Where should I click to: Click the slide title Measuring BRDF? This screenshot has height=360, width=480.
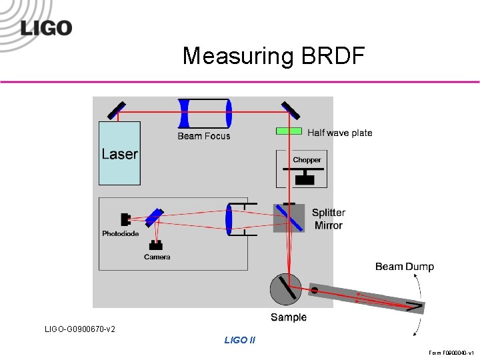pos(273,56)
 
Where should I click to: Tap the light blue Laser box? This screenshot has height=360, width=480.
pos(120,153)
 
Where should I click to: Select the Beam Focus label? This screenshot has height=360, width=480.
pos(204,136)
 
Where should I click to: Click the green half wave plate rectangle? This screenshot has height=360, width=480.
pos(289,131)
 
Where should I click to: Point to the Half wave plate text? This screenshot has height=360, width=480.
pos(340,133)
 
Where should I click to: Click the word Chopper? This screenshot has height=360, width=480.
pos(307,160)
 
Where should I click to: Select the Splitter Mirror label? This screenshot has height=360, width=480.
pos(329,219)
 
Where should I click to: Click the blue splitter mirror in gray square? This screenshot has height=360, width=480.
pos(289,217)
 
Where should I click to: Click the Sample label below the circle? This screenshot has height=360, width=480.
pos(289,317)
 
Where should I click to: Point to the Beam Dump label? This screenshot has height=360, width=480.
pos(404,267)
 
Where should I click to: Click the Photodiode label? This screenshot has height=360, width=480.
pos(121,234)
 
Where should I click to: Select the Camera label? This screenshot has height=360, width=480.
pos(157,257)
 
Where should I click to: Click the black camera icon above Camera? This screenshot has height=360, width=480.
pos(157,245)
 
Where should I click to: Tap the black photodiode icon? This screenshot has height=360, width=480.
pos(126,219)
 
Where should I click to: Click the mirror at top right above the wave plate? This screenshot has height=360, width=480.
pos(290,110)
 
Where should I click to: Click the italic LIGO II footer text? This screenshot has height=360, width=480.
pos(240,340)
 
